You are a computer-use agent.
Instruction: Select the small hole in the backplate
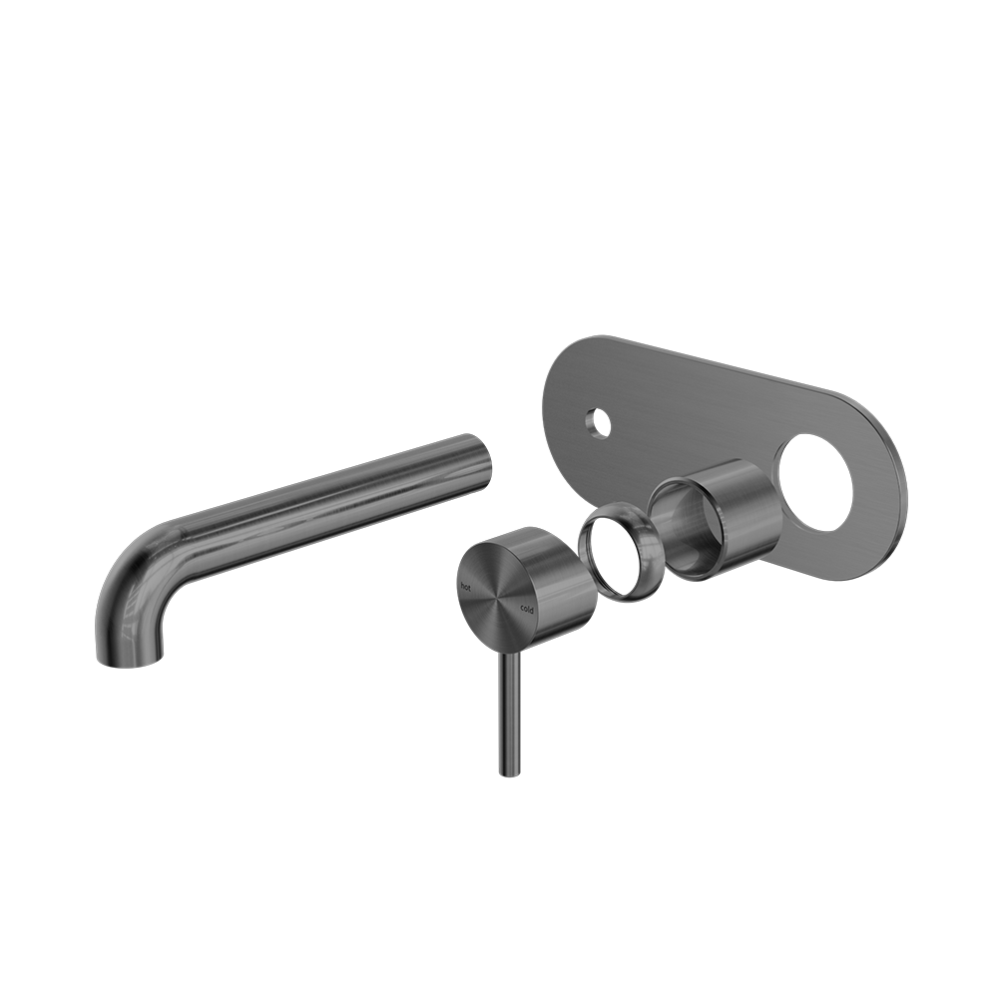[597, 422]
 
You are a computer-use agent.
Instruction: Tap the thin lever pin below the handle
[507, 709]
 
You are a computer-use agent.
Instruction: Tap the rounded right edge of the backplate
[901, 479]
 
